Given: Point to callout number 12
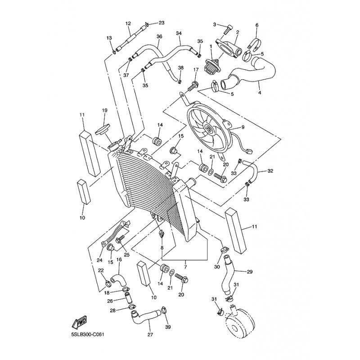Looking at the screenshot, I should (x=128, y=23).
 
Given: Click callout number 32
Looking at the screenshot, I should (x=270, y=171).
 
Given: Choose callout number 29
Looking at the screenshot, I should (x=250, y=272).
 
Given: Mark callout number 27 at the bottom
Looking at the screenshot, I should (x=149, y=335).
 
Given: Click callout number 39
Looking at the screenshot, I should (x=168, y=327).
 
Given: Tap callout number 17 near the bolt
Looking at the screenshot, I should (x=196, y=70).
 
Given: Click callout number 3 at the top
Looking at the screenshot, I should (x=215, y=24).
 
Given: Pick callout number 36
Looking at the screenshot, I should (x=159, y=36).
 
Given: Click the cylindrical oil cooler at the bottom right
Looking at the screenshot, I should (x=240, y=322).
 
